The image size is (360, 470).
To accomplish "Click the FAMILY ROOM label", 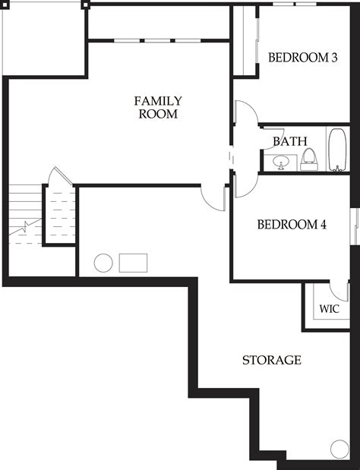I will tap(157, 107).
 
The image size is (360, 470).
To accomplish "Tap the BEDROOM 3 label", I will tap(303, 57).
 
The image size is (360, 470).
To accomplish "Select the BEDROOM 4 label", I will tap(292, 225).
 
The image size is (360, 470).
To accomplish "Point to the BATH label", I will tap(289, 141).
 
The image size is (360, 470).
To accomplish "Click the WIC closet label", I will tap(329, 309).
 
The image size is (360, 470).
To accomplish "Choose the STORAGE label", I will tap(272, 360).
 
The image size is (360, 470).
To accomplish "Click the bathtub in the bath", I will tap(337, 150).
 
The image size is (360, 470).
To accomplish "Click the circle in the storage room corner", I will tap(339, 449).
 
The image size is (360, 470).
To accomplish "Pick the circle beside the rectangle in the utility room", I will tap(103, 263).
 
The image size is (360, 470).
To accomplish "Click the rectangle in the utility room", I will tap(134, 263).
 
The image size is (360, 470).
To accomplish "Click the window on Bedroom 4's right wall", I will tap(354, 226).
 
